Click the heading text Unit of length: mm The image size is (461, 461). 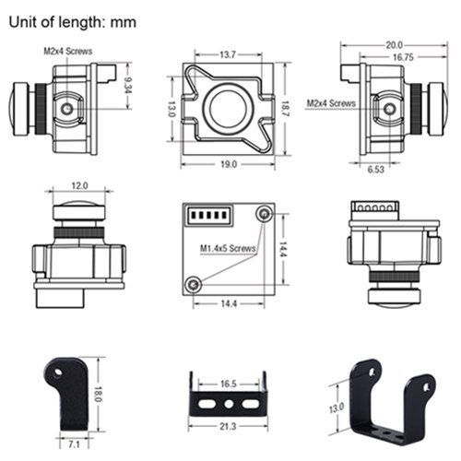(x=73, y=22)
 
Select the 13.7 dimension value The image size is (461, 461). (x=228, y=54)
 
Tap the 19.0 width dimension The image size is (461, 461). (x=229, y=164)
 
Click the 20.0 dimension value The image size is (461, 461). (x=394, y=45)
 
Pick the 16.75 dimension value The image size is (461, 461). (x=403, y=57)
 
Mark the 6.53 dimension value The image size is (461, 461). (x=376, y=170)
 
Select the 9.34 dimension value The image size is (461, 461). (x=127, y=85)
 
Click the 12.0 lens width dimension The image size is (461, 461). (x=79, y=185)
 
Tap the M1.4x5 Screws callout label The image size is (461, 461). (x=228, y=248)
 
